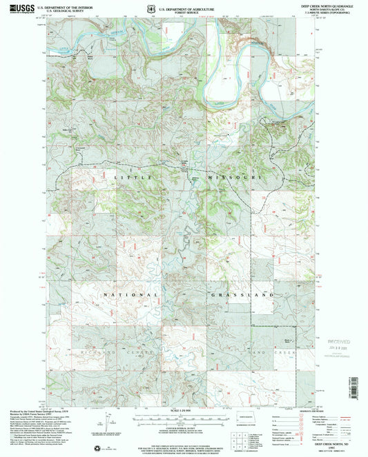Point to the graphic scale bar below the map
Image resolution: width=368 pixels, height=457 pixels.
click(181, 416)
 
